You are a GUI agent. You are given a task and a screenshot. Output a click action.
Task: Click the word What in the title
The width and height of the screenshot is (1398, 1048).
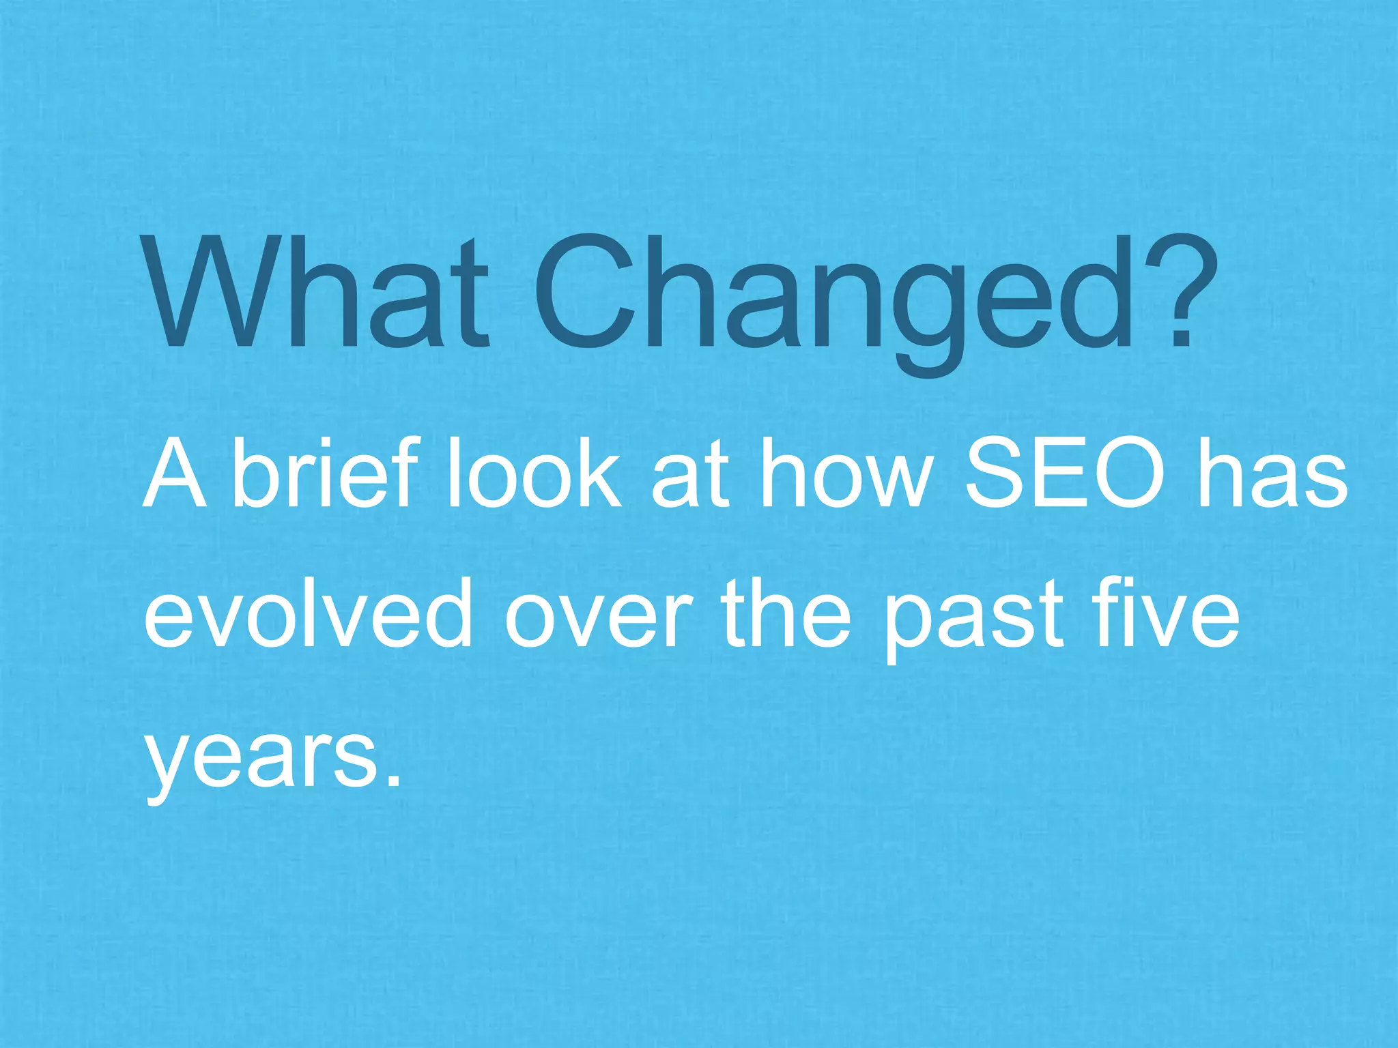(x=318, y=292)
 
